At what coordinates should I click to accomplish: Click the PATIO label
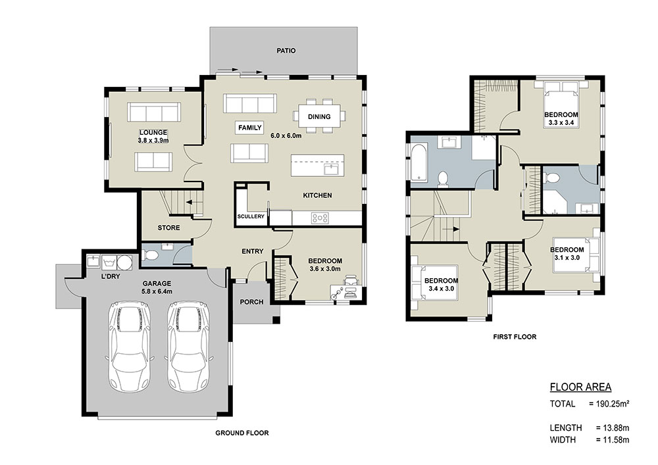point(286,51)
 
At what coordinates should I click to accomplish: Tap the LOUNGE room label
point(153,132)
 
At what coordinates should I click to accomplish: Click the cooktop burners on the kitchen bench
point(320,218)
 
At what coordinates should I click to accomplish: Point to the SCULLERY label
point(251,216)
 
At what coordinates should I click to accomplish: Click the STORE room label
point(168,228)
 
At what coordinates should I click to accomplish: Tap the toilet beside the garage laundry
point(149,255)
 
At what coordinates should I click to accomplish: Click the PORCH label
point(252,302)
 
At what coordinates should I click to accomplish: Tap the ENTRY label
point(253,251)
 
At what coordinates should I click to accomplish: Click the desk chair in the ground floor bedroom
point(351,280)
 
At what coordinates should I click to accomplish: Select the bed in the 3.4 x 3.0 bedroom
point(434,282)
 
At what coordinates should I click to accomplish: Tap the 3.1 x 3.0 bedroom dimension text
point(567,257)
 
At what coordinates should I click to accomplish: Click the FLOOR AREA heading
point(580,387)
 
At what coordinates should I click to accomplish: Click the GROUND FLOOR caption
point(242,433)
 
